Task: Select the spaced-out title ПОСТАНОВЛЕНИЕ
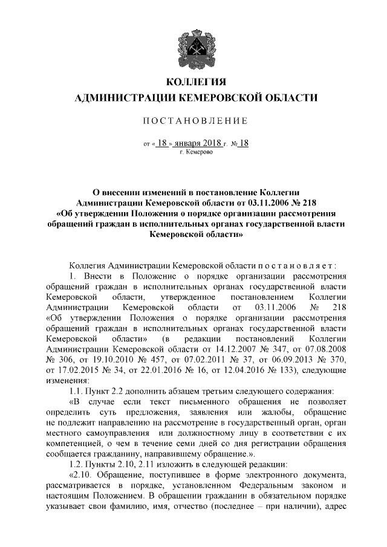(193, 121)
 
